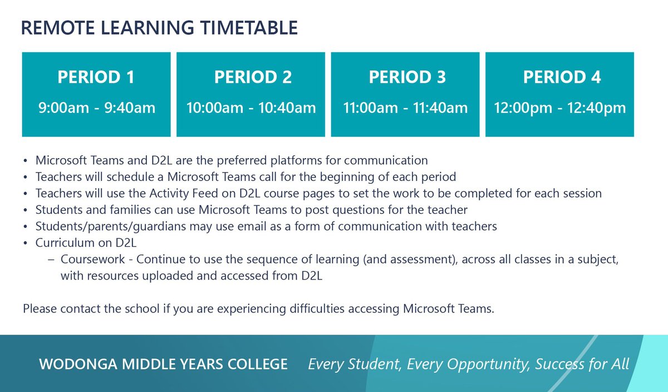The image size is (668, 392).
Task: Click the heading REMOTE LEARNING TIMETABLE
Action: (159, 28)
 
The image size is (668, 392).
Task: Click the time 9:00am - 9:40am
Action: (96, 107)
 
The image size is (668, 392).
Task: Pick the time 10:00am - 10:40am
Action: (251, 107)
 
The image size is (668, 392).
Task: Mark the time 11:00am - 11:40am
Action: (405, 107)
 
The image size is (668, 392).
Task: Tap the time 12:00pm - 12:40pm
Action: (560, 107)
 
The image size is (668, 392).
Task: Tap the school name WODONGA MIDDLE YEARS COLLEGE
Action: (163, 365)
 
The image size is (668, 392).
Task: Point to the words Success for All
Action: (582, 365)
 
